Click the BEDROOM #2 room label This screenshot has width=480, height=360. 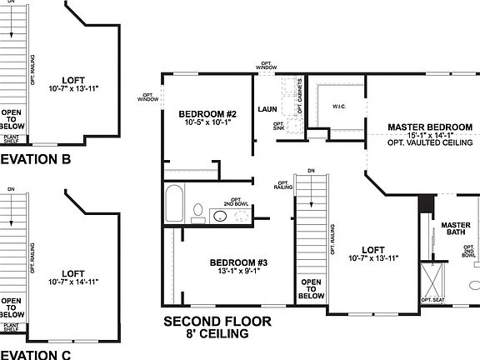208,113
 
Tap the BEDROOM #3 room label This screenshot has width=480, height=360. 237,262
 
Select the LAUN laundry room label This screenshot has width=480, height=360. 267,109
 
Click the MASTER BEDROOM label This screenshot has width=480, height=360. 430,127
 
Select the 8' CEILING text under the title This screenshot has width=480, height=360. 217,334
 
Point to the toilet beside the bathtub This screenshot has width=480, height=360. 198,212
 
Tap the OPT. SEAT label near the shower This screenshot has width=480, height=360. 432,299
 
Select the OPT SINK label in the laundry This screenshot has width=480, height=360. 279,126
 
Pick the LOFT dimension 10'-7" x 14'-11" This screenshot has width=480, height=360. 73,282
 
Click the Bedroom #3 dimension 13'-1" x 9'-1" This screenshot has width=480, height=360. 237,272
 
